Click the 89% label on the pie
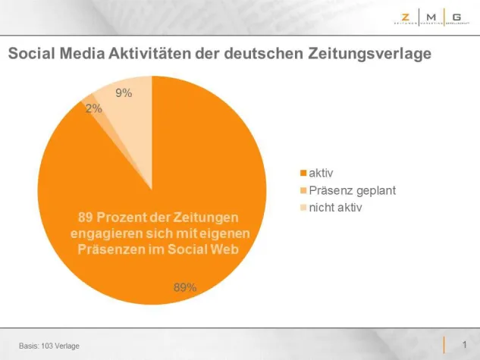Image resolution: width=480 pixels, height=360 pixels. [x=185, y=287]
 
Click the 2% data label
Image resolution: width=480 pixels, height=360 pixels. [x=94, y=108]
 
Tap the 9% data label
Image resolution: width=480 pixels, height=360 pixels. [x=124, y=93]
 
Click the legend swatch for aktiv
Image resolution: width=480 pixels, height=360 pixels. [x=304, y=174]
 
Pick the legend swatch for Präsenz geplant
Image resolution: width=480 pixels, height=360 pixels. [x=304, y=191]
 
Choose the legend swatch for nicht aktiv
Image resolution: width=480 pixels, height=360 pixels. [x=304, y=208]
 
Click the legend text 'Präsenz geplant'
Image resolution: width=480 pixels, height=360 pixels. [x=346, y=191]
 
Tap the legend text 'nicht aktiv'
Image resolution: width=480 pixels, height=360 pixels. [x=334, y=208]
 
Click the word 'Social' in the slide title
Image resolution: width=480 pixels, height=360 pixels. [x=30, y=55]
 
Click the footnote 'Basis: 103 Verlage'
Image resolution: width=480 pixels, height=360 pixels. [x=49, y=346]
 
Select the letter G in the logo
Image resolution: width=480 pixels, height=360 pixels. [x=456, y=16]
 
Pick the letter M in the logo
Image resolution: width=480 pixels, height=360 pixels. [x=431, y=16]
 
